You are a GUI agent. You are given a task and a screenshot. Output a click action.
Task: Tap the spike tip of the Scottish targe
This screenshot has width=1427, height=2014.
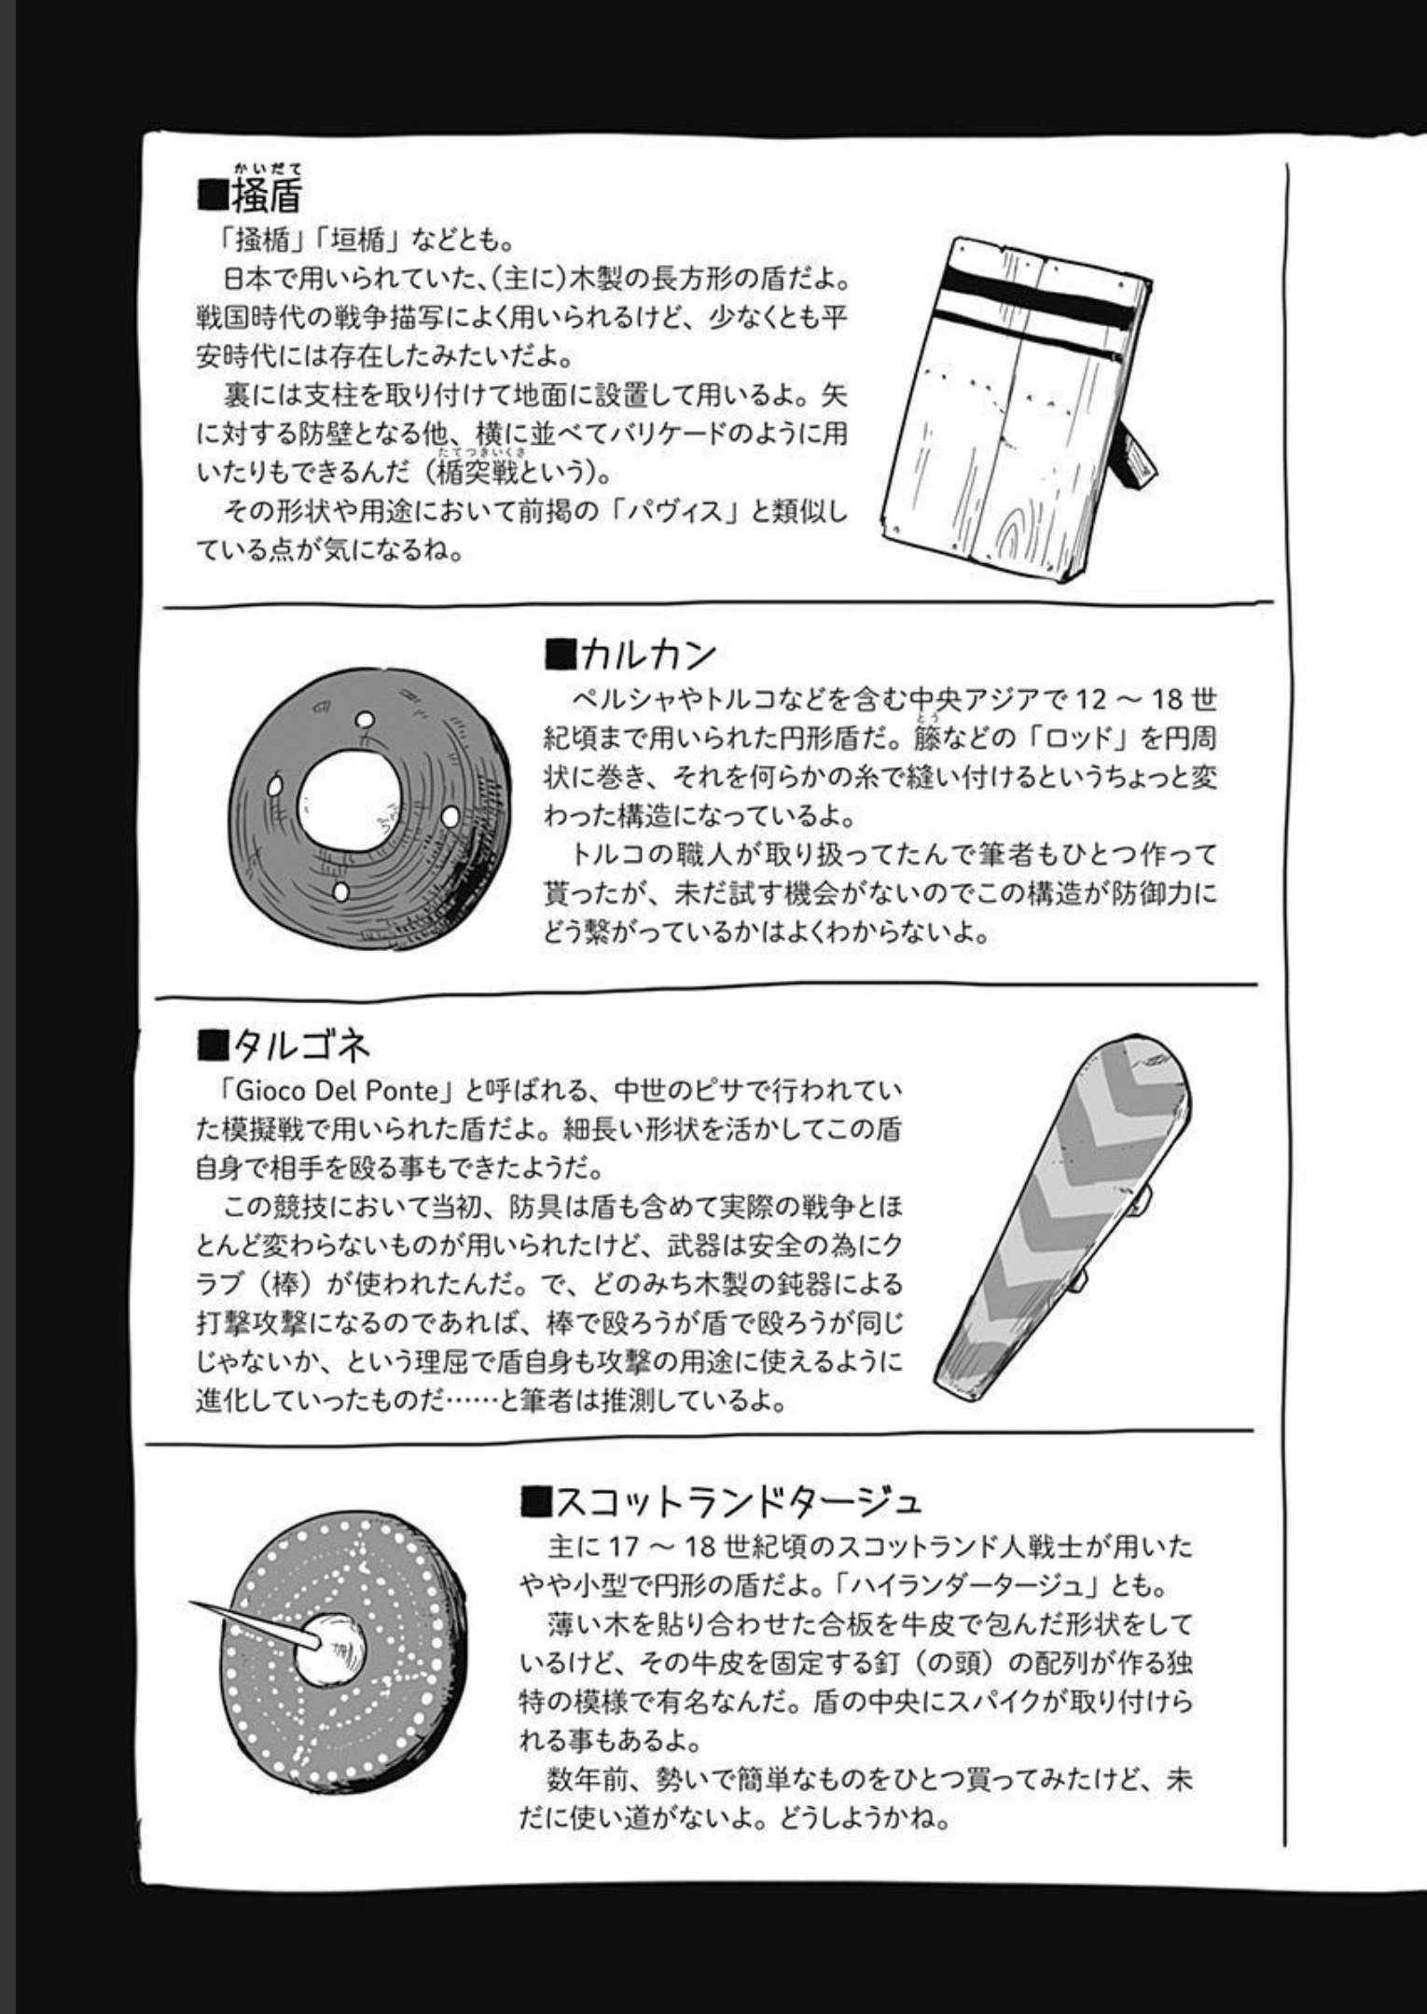point(192,1602)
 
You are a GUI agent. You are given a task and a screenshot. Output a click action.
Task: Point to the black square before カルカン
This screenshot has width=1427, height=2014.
point(560,655)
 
